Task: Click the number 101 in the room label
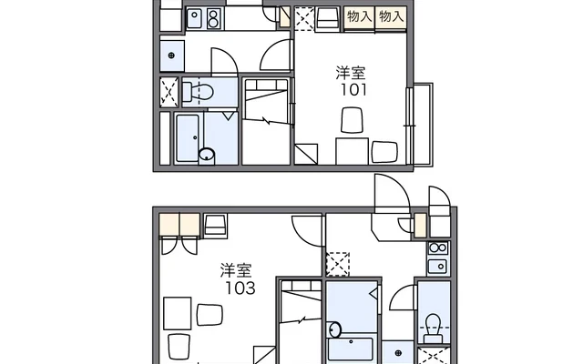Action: coord(354,90)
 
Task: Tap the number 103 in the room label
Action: coord(240,288)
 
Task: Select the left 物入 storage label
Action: coord(359,16)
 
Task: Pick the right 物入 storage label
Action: coord(391,16)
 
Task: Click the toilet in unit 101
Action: coord(198,92)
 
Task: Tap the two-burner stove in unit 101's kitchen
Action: coord(213,18)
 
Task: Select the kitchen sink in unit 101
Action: coord(194,18)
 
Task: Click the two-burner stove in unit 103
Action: coord(438,248)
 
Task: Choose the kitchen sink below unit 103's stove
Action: coord(437,267)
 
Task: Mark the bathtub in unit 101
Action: coord(188,137)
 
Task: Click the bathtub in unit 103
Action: coord(351,349)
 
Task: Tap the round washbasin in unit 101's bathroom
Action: coord(207,154)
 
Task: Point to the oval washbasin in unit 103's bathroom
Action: coord(335,329)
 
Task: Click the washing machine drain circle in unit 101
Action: coord(171,56)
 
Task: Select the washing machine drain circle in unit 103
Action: coord(398,352)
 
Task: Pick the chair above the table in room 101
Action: coord(352,119)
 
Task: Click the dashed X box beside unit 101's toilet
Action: coord(169,92)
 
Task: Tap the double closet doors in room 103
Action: coord(179,245)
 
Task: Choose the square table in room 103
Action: coord(178,313)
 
